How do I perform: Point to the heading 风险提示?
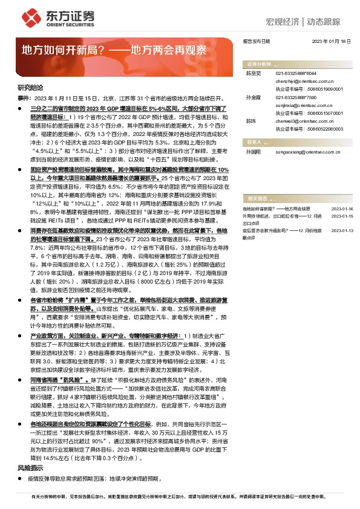[x=27, y=468]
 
